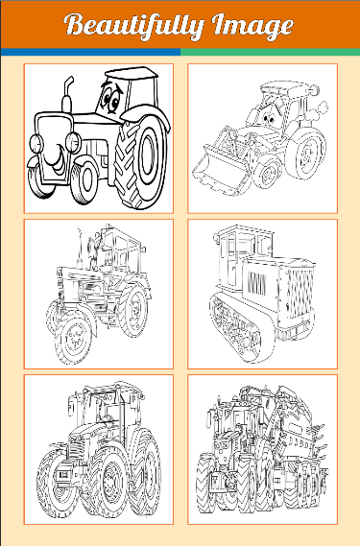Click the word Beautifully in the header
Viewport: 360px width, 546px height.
point(133,26)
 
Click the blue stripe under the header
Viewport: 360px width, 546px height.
point(90,52)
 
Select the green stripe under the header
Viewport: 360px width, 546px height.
point(271,52)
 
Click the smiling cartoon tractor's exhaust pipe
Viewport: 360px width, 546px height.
point(67,94)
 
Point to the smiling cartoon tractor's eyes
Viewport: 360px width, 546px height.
point(111,97)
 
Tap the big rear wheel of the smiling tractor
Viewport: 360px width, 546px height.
point(141,161)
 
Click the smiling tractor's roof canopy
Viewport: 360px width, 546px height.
point(131,73)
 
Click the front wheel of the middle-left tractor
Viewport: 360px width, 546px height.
point(74,337)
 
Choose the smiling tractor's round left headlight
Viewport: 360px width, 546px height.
point(36,144)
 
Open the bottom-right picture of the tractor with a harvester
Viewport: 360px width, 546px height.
point(262,449)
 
